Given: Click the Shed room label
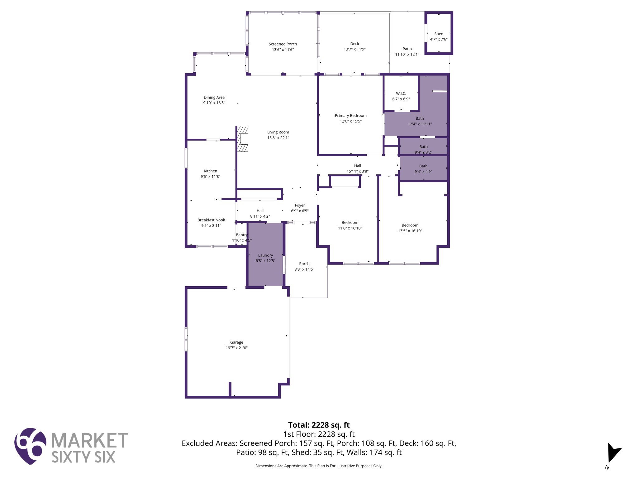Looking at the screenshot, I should [x=439, y=34].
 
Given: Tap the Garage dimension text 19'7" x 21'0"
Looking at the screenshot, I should [x=236, y=348].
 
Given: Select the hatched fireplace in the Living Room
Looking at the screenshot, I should [x=242, y=139].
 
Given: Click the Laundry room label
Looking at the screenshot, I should [x=265, y=255].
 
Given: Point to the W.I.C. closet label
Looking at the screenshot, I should [x=401, y=94].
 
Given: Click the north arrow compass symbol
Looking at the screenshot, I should [x=613, y=454].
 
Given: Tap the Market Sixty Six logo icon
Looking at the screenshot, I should [x=30, y=446].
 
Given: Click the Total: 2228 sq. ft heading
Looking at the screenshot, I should [x=319, y=425].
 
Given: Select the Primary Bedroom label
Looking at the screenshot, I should [x=350, y=116].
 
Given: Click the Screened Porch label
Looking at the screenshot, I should [x=283, y=44].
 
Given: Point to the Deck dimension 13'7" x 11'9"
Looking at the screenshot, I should [x=355, y=49].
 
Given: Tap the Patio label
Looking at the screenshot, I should [x=407, y=49].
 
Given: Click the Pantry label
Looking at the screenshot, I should [x=241, y=235].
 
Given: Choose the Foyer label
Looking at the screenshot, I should [x=300, y=205].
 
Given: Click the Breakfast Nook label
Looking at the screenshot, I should [x=211, y=220].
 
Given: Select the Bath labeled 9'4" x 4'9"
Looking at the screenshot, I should [x=423, y=169].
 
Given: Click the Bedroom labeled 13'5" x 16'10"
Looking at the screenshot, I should [x=410, y=228].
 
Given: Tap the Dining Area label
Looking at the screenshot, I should [x=214, y=97].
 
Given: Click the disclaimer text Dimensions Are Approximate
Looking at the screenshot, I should [x=319, y=466].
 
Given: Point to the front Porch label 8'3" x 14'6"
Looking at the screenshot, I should [x=304, y=266].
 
